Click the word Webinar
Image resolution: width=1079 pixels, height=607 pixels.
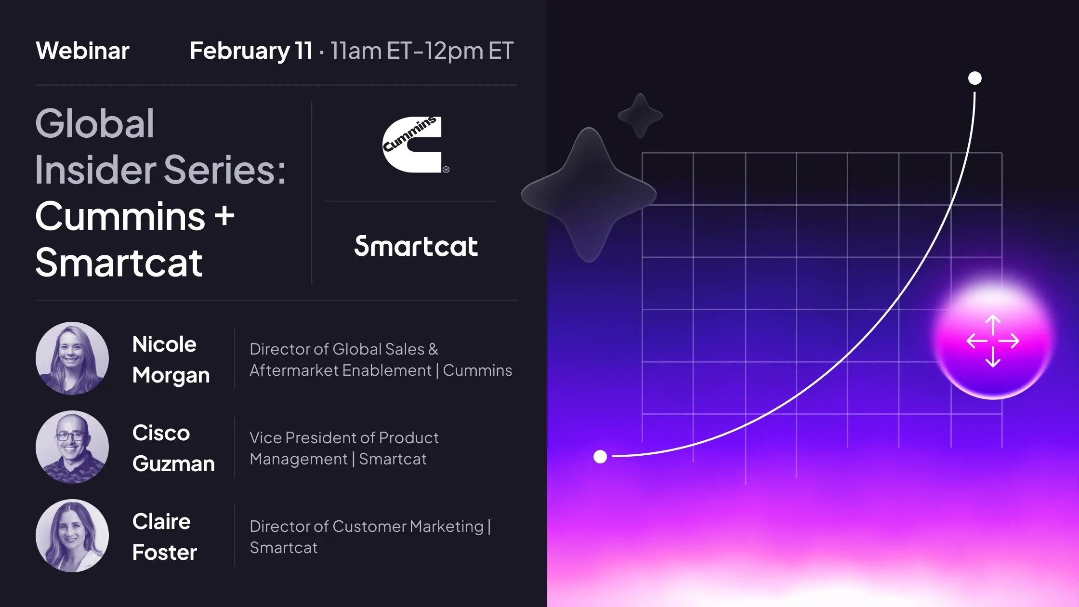tap(82, 51)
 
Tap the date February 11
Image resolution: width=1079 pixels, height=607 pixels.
tap(251, 51)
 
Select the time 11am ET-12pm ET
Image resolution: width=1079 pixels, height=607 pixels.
tap(422, 51)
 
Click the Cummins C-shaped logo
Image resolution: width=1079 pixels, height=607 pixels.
tap(413, 144)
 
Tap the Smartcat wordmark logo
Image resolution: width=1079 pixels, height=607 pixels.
tap(416, 246)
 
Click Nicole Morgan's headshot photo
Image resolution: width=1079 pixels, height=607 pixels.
tap(72, 358)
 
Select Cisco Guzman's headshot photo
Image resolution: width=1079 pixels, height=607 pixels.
tap(72, 447)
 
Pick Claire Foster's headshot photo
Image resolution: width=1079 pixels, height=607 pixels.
tap(72, 536)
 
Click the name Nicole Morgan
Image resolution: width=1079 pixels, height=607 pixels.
tap(171, 359)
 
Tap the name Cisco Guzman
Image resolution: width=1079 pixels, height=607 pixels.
tap(173, 448)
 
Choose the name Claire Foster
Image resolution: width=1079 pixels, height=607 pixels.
tap(164, 537)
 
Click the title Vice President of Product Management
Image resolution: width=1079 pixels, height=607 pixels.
tap(344, 448)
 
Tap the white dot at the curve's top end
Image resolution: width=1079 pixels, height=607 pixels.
tap(975, 78)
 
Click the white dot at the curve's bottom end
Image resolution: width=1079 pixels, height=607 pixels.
tap(600, 457)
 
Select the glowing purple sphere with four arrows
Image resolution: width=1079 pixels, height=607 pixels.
tap(993, 341)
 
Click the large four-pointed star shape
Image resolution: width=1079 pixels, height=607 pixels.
tap(589, 195)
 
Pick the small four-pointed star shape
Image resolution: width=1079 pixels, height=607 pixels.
tap(640, 116)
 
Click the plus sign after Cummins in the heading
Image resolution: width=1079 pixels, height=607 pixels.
tap(224, 216)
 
